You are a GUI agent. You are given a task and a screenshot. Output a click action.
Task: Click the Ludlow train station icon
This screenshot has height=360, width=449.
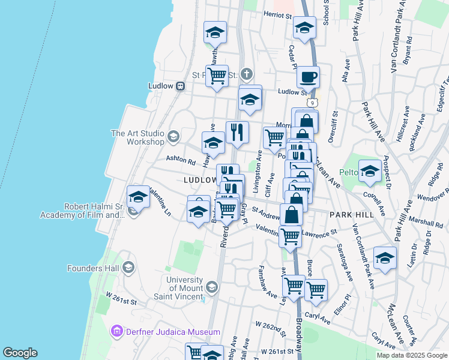[179, 86]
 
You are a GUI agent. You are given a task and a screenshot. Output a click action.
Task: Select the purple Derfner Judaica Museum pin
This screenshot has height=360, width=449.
[116, 331]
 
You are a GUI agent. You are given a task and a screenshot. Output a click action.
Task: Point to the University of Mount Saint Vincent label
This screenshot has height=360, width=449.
[184, 285]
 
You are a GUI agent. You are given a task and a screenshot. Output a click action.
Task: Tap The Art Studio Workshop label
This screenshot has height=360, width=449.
[137, 137]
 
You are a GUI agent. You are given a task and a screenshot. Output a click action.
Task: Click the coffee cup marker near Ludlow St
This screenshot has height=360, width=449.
[308, 77]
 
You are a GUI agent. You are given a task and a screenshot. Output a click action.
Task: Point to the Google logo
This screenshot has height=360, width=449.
[20, 353]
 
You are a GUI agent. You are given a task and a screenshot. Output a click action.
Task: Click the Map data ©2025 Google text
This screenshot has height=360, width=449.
[412, 355]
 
